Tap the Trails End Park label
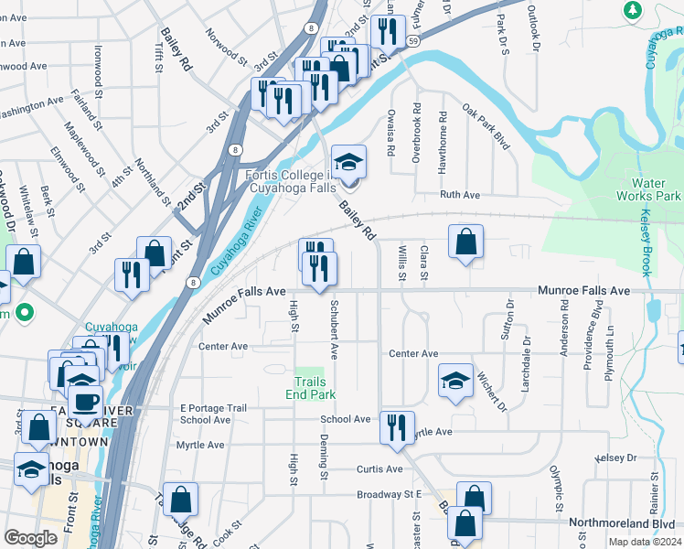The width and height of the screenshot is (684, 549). coord(314,388)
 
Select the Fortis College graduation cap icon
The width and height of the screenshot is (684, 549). coord(347,163)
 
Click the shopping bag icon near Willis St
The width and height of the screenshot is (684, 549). coord(465,242)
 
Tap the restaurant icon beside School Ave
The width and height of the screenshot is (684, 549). coord(396,428)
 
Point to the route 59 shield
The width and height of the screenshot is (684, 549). coord(414,42)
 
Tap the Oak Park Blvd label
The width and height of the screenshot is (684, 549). coord(485,124)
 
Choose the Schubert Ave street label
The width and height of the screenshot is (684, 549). coord(335,328)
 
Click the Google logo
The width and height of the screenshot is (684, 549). coord(30,538)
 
